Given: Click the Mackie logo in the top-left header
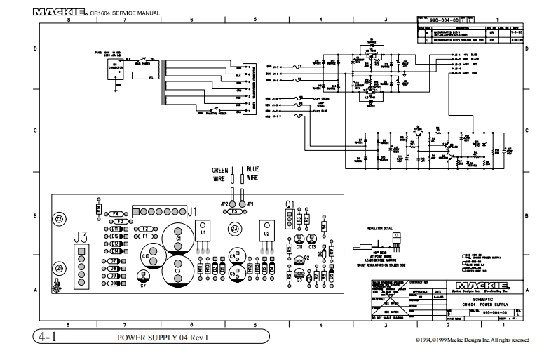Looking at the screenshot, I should [60, 13].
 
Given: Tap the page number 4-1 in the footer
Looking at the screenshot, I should [48, 338].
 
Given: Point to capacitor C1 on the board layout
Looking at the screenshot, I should [178, 239].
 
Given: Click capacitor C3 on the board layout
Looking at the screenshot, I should [178, 269].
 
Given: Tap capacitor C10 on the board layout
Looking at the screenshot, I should [149, 256].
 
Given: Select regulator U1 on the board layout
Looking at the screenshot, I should [203, 232].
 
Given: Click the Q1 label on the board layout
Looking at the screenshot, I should [289, 204].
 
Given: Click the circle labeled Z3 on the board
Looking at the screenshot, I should [236, 229].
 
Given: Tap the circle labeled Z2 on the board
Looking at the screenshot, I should [60, 219].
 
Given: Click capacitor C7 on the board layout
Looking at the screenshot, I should [144, 285].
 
